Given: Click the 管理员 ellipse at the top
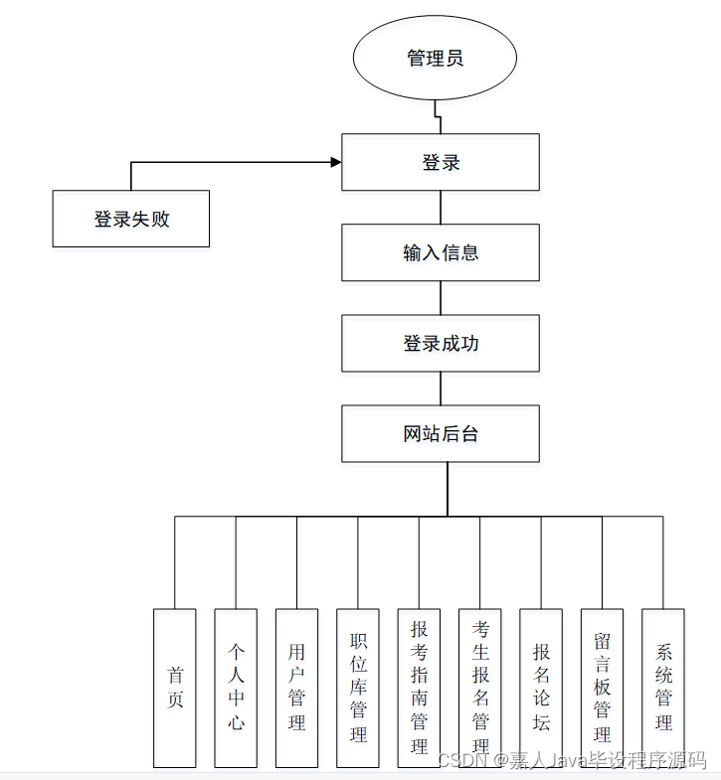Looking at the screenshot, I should pos(435,59).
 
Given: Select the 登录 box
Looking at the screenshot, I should pos(441,162).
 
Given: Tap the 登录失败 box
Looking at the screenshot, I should pos(131,219).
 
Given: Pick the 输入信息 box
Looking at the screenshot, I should pos(441,252).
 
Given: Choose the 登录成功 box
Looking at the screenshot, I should pos(441,344).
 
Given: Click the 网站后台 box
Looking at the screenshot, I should pos(441,433).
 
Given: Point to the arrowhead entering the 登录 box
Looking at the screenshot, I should pos(335,162).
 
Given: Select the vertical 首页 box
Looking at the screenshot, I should pos(175,688).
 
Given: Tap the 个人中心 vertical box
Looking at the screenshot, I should pos(236,688).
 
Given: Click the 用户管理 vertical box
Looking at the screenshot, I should pos(296,688).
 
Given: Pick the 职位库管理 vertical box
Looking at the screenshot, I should pos(358,688).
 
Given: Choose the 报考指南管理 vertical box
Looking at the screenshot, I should pos(419,688).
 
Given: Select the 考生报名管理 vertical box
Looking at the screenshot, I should pos(479,688).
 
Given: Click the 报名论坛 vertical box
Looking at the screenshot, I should pos(541,688).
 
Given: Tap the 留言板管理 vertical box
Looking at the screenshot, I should pos(602,688).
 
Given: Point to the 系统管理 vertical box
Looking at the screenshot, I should pos(663,688).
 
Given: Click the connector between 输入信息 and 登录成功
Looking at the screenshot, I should pos(441,298).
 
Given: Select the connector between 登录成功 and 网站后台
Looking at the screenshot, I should pos(441,389).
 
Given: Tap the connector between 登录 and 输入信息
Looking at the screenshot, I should pos(441,208).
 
